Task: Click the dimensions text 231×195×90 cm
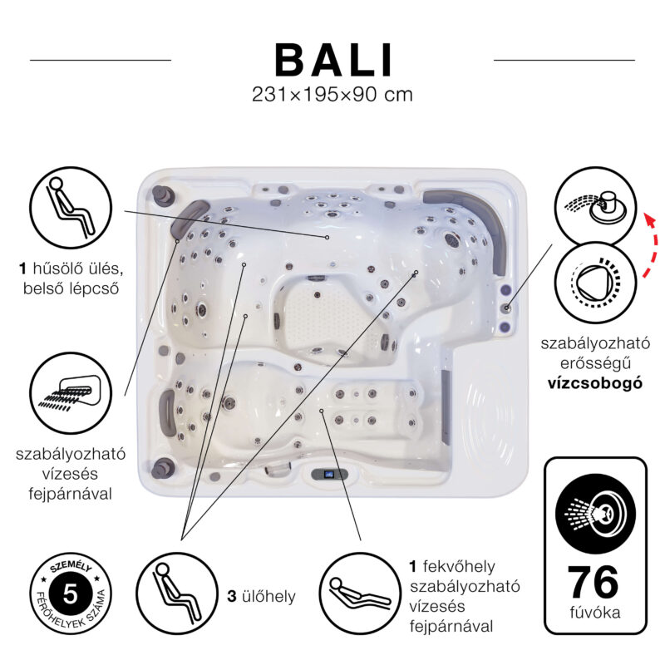(332, 95)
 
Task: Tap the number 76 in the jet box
(594, 583)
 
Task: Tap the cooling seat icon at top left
(70, 205)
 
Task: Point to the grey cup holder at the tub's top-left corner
(161, 195)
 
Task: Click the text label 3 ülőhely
(261, 596)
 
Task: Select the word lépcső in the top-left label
(96, 290)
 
